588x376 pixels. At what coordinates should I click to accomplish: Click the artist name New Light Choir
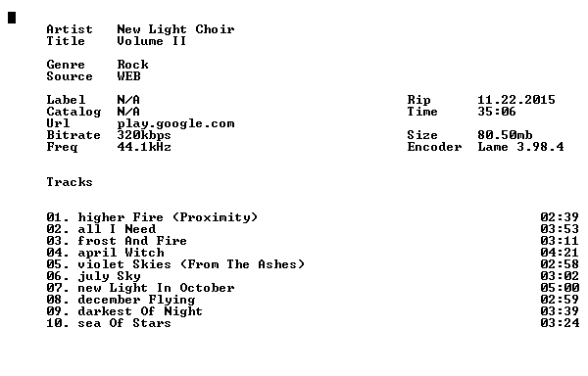point(175,29)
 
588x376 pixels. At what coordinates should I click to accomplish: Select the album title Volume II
point(152,41)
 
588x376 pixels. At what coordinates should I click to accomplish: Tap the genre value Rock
point(132,65)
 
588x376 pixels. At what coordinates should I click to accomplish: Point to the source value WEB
point(128,76)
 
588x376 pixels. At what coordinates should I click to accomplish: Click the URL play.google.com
point(175,124)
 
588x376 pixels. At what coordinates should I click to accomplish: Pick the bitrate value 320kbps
point(144,135)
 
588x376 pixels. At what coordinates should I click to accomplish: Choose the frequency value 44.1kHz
point(144,147)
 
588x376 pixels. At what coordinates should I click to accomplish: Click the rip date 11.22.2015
point(516,100)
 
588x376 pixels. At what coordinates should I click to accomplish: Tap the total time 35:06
point(497,112)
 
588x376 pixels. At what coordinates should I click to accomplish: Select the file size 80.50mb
point(505,135)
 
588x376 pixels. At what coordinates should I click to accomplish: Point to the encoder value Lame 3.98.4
point(520,147)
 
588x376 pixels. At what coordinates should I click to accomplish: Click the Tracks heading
point(70,182)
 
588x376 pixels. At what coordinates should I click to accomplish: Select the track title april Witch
point(121,253)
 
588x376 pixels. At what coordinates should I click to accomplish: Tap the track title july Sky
point(109,276)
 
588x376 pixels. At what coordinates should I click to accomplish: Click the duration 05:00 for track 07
point(560,288)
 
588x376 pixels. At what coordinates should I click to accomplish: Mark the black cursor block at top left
point(12,18)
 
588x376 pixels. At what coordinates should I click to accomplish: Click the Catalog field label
point(73,112)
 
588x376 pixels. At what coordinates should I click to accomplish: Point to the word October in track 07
point(207,288)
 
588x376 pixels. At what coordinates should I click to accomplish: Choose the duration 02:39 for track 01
point(560,217)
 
